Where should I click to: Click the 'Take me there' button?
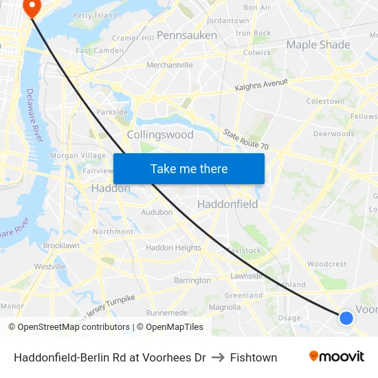pos(189,168)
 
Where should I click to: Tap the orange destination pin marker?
pos(31,6)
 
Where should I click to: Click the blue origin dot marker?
pos(346,318)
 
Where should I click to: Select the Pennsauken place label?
pos(187,34)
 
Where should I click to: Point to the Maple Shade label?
pos(318,45)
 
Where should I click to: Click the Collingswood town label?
pos(160,135)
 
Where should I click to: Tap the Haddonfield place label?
pos(227,204)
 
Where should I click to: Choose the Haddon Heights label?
pos(174,247)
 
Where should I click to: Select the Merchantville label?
pos(169,65)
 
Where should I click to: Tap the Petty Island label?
pos(95,14)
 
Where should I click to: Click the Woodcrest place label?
pos(326,264)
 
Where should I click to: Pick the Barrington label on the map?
pos(192,280)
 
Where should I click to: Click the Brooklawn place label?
pos(61,245)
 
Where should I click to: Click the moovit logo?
pos(337,357)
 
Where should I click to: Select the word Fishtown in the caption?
pos(254,357)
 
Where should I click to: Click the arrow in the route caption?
pos(218,357)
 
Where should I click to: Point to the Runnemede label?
pos(167,312)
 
